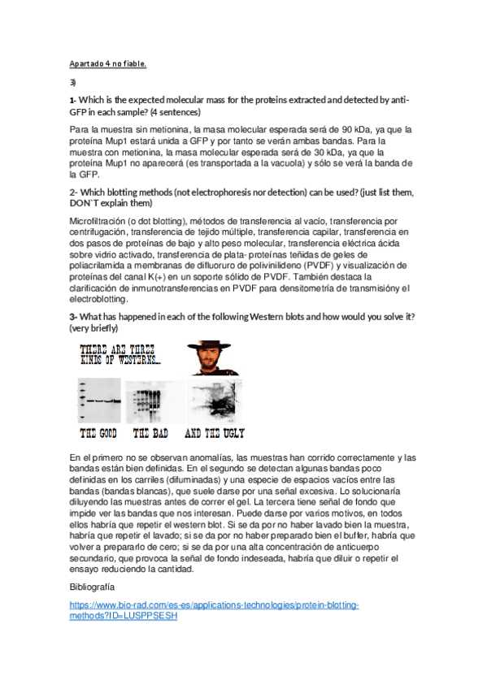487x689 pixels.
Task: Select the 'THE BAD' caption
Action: pos(150,433)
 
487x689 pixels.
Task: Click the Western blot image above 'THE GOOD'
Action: pos(99,400)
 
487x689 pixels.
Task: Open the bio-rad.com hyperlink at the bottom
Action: pos(214,611)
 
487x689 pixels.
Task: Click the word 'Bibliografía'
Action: pos(92,586)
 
